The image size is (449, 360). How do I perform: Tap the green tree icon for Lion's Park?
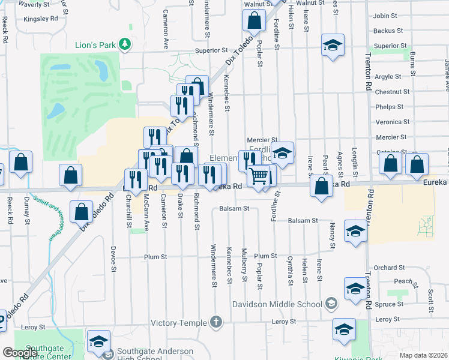click(x=125, y=44)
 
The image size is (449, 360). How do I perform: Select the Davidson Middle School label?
click(x=277, y=304)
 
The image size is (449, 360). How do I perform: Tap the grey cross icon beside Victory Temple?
click(x=217, y=323)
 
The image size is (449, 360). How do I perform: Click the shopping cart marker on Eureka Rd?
click(x=259, y=176)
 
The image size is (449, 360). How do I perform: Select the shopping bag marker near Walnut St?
click(x=255, y=21)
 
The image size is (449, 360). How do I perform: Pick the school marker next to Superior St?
click(x=332, y=46)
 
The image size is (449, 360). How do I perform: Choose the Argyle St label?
click(x=388, y=77)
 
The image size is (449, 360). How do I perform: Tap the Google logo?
click(x=20, y=353)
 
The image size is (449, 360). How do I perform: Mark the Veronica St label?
click(x=393, y=122)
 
